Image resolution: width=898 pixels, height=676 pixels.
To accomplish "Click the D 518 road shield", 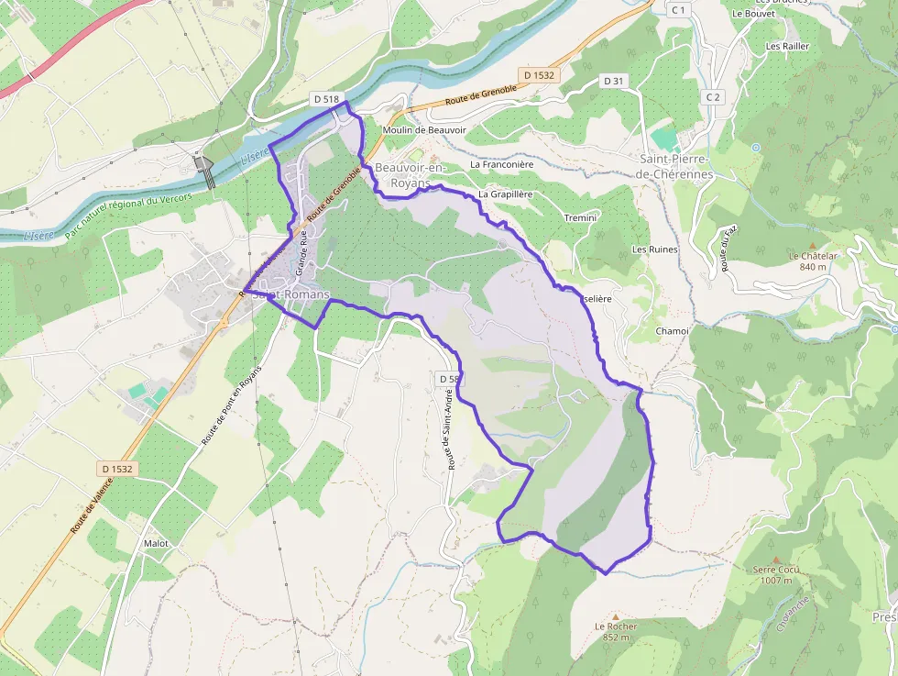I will pos(326,98).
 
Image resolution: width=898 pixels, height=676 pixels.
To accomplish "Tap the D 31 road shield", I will pos(614,81).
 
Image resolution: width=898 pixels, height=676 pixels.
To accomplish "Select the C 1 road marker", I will pos(678,9).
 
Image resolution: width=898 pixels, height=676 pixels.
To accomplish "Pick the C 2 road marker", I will pos(714,96).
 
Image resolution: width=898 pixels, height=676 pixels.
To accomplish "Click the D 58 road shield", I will pos(448,379).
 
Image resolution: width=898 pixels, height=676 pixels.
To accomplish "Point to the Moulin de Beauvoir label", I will pos(424,130).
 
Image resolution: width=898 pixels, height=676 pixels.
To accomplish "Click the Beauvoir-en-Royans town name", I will pos(410,175).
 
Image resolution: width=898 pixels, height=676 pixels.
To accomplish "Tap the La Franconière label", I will pos(501,164).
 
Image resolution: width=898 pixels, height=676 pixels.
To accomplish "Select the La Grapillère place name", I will pos(506,194).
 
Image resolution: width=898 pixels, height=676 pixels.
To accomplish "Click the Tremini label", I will pos(580,217).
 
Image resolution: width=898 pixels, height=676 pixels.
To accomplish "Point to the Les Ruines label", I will pos(653,249).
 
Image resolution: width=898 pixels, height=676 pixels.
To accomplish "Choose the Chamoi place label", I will pos(672,330).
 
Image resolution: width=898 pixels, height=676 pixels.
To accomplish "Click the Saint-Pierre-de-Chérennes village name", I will pos(675,166).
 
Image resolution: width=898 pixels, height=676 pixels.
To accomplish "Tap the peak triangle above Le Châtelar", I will pos(811,246).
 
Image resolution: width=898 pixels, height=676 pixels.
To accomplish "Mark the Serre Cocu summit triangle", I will pos(775,559).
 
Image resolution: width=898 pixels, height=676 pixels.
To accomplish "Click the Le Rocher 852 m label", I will pos(615,631).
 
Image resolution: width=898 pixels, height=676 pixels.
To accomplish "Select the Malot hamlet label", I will pos(156,543).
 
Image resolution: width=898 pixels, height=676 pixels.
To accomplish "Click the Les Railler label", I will pos(787,46).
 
